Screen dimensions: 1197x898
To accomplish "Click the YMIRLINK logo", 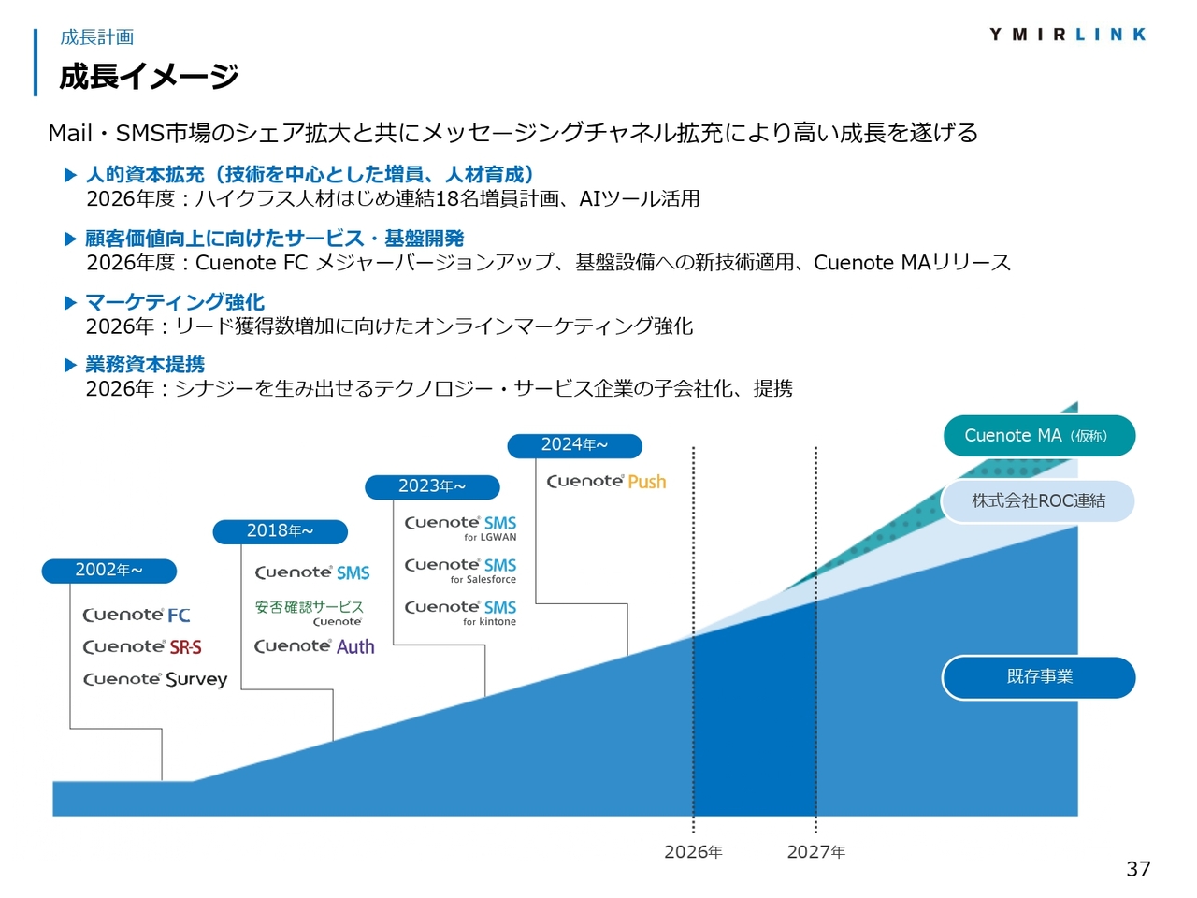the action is click(x=1067, y=35).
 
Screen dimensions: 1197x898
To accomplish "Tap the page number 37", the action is click(x=1137, y=869).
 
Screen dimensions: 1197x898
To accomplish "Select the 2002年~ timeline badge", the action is click(x=109, y=571).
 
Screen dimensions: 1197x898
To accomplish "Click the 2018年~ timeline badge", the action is click(x=280, y=531).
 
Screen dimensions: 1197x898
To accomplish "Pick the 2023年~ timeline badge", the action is click(x=432, y=486).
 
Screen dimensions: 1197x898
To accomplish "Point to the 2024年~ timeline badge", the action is click(x=574, y=445).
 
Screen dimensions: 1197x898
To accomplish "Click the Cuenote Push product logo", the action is click(x=606, y=482).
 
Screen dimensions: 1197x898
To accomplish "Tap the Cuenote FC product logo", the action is click(x=137, y=615).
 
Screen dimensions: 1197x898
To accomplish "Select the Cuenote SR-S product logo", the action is click(x=142, y=646).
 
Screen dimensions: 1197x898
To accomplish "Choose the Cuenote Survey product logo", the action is click(x=155, y=679).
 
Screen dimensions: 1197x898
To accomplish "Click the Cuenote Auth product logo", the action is click(x=314, y=646).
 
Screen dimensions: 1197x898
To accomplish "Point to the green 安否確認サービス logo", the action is click(x=309, y=614).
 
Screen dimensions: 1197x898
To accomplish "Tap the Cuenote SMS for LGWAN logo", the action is click(x=460, y=529).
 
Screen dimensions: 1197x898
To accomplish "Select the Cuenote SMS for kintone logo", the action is click(x=460, y=613).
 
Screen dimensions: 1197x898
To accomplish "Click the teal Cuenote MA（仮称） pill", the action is click(x=1038, y=435).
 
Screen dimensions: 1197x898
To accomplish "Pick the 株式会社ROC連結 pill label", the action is click(x=1038, y=500).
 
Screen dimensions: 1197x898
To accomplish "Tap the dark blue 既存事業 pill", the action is click(x=1038, y=676).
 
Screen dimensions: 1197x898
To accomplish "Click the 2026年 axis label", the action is click(x=693, y=851).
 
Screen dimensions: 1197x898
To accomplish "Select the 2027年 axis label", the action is click(x=815, y=851).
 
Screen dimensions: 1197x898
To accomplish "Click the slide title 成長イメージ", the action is click(x=149, y=76).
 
